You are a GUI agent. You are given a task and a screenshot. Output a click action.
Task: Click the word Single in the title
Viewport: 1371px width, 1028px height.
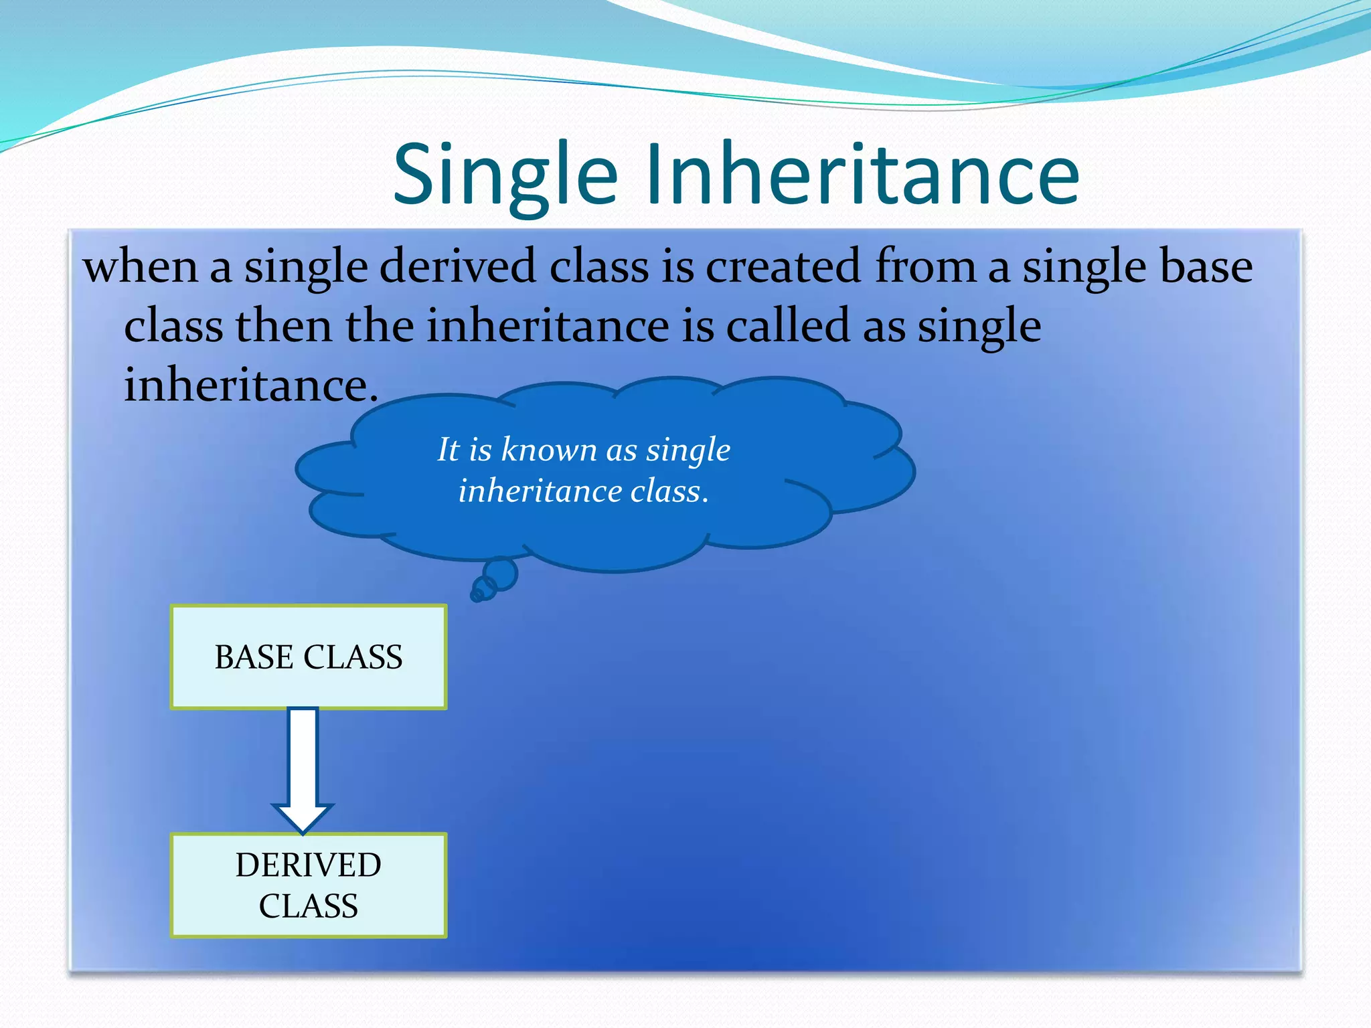[x=505, y=175]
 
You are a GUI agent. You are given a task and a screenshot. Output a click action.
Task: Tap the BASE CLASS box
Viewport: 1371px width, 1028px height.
[x=309, y=657]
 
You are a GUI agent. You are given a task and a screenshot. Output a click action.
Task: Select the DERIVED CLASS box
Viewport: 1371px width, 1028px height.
[x=309, y=885]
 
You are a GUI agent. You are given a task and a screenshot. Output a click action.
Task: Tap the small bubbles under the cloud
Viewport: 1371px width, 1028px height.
[x=494, y=580]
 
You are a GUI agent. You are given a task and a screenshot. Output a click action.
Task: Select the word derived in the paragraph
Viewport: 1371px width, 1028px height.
[x=459, y=266]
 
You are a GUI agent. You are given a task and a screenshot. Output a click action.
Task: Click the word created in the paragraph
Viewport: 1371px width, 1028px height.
[x=783, y=266]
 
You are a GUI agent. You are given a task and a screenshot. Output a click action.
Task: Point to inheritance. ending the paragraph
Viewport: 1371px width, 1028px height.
[x=251, y=385]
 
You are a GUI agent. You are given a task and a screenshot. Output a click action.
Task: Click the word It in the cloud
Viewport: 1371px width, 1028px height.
[x=448, y=449]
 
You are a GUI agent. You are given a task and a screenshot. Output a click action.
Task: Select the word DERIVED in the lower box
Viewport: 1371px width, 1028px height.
[x=309, y=865]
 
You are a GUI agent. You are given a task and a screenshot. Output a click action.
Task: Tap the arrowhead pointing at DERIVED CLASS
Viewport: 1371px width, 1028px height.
[x=303, y=818]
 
